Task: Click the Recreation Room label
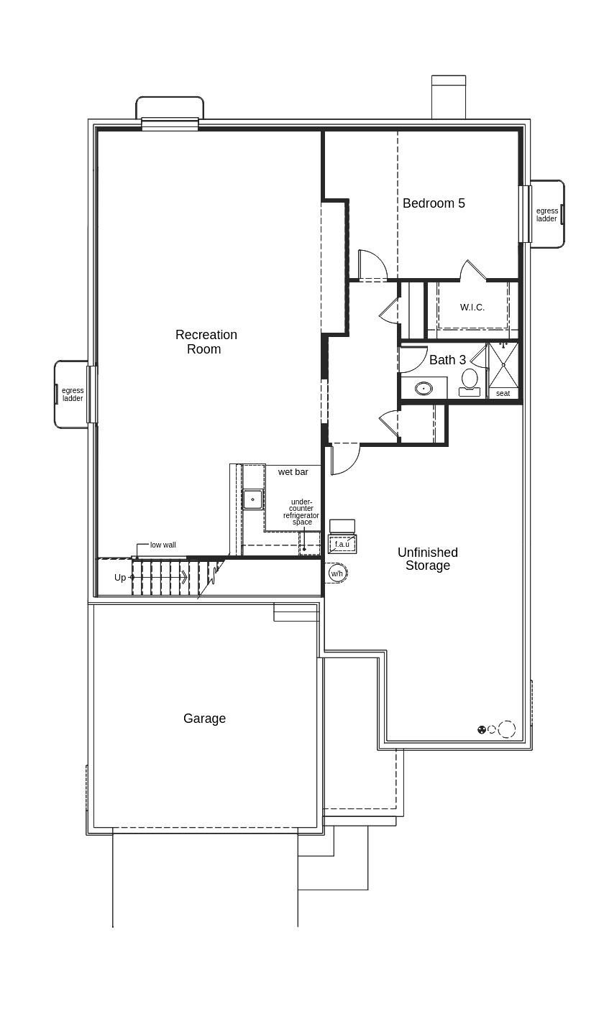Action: [x=206, y=341]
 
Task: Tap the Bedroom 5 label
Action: [x=434, y=203]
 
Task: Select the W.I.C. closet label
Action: [x=472, y=308]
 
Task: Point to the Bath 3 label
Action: [x=447, y=360]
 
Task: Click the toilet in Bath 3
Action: [x=470, y=382]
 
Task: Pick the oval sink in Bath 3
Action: [x=424, y=388]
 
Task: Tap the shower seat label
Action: [x=503, y=393]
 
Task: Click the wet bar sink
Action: [x=252, y=499]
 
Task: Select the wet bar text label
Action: [x=293, y=471]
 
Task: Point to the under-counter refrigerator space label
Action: [x=301, y=512]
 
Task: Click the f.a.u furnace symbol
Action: [x=342, y=544]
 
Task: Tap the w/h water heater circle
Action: [x=337, y=573]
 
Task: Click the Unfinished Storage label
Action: [x=428, y=559]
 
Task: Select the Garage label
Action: [x=204, y=719]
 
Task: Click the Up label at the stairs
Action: [x=119, y=577]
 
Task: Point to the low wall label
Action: [x=163, y=545]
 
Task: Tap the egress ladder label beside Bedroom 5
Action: [x=546, y=214]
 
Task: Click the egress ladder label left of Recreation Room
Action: [x=73, y=394]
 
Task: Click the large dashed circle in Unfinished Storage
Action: [x=506, y=729]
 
